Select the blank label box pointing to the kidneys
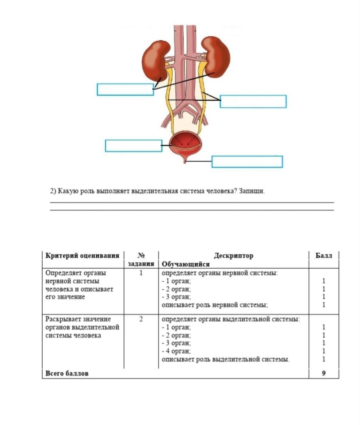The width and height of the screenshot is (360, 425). coord(125,89)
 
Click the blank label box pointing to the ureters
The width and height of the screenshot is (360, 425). coord(253,102)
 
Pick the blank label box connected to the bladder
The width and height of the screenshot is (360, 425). coord(133,146)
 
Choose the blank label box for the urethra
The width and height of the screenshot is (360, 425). coord(247,162)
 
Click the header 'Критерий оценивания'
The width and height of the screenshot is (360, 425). coord(82,256)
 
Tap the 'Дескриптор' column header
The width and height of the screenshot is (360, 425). coord(233,256)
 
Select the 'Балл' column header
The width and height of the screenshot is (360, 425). coord(324,256)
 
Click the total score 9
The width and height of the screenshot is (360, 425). coord(324,373)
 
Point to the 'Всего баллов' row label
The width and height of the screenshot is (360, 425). coord(67,373)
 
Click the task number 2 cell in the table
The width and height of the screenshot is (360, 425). coord(141,319)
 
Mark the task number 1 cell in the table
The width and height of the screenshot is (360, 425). coord(141,273)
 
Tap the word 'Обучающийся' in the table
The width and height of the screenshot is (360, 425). coord(186,264)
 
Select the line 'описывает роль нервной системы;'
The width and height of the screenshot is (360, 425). coord(215,305)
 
